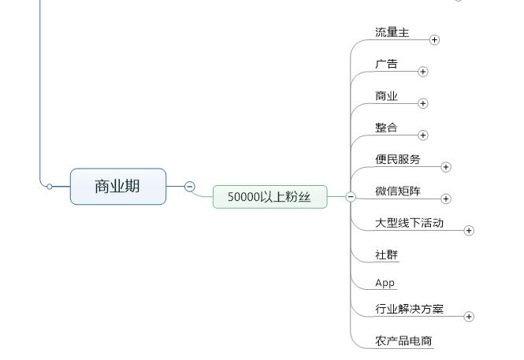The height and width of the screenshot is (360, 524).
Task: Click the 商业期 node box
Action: coord(118,187)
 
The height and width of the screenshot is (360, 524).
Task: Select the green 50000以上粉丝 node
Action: coord(269,196)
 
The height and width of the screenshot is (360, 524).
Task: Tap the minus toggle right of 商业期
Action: coord(190,187)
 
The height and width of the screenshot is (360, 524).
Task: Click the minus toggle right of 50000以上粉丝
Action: coord(351,196)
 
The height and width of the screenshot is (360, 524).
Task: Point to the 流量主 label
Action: coord(392,32)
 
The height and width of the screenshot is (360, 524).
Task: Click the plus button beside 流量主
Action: coord(434,39)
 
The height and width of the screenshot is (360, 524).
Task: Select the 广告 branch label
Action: coord(386,65)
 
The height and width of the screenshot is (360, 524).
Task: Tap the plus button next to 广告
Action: coord(423,72)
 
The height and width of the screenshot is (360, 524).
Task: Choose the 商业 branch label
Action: coord(386,96)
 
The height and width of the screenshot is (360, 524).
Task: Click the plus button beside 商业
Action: coord(423,103)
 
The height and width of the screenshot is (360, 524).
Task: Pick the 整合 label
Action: coord(386,128)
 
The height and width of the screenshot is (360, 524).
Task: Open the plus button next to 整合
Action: coord(423,135)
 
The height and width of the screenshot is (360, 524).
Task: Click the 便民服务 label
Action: coord(398,159)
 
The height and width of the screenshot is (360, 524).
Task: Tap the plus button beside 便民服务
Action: coord(446,167)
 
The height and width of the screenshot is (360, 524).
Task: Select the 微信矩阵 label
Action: coord(398,191)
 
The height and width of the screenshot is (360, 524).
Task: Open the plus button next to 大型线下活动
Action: coord(469,230)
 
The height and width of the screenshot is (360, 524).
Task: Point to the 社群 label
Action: coord(386,254)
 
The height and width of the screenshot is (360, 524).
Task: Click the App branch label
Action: coord(385,283)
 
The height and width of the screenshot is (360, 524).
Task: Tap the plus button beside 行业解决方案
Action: coord(469,317)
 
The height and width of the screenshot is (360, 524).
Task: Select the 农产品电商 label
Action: coord(403,341)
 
